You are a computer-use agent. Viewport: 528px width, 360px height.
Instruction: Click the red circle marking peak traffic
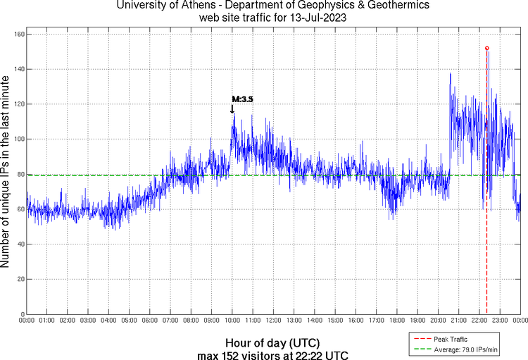point(487,48)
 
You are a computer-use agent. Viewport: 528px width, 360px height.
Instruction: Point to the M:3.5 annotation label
point(242,99)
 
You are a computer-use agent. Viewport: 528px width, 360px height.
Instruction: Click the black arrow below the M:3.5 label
point(232,108)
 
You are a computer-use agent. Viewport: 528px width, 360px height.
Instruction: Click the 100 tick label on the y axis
point(18,139)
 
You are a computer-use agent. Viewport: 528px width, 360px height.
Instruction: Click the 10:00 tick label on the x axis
point(232,321)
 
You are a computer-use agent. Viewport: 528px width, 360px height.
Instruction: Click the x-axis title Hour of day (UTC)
point(263,342)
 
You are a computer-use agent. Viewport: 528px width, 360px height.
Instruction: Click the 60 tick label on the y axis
point(20,209)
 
